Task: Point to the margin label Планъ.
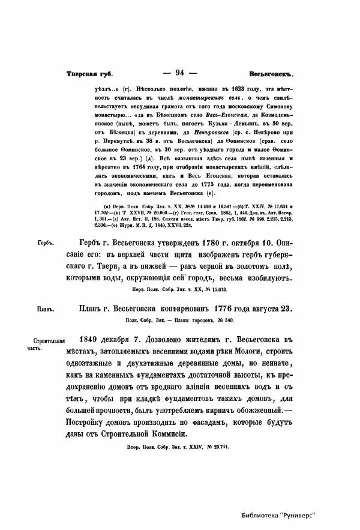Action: click(x=44, y=310)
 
